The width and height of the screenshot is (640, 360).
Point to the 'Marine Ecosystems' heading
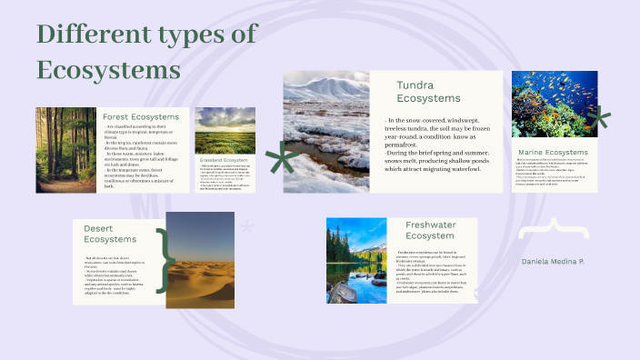(553, 152)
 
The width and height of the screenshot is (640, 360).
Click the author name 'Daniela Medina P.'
(553, 262)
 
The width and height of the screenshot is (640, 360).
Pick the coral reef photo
(554, 104)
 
